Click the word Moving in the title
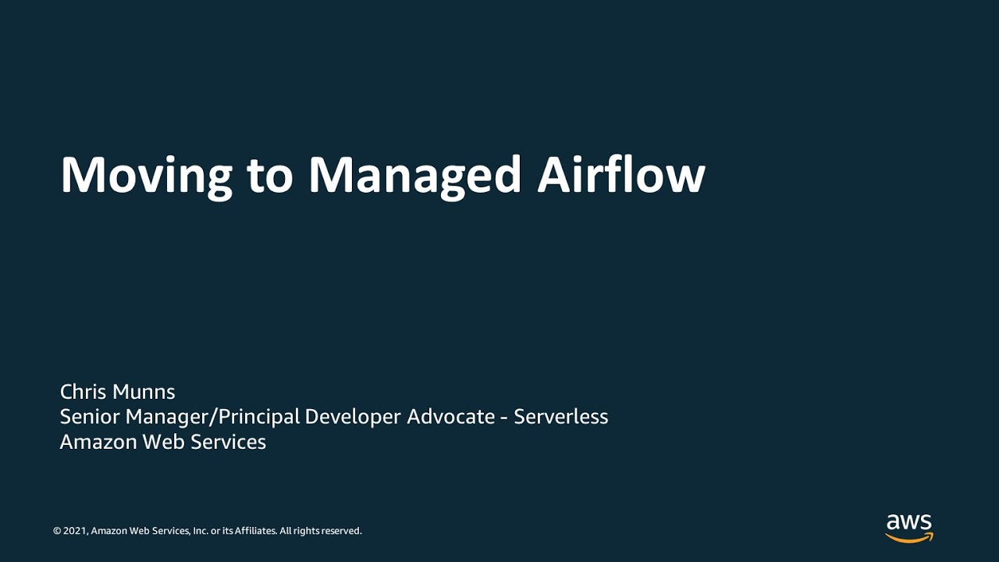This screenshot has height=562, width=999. pyautogui.click(x=146, y=176)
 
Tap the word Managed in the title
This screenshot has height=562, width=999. pyautogui.click(x=414, y=176)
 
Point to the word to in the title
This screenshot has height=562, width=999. pyautogui.click(x=269, y=176)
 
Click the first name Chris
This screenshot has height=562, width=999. pyautogui.click(x=84, y=392)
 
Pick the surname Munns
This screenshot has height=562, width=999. pyautogui.click(x=144, y=392)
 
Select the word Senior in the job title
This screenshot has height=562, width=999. pyautogui.click(x=90, y=417)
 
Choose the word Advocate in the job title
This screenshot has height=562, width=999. pyautogui.click(x=451, y=417)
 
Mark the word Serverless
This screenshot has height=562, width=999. pyautogui.click(x=561, y=417)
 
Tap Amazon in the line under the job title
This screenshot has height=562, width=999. pyautogui.click(x=98, y=442)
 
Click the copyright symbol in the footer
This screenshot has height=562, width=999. pyautogui.click(x=57, y=531)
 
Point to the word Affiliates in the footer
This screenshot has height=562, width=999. pyautogui.click(x=256, y=531)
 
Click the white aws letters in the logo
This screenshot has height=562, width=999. pyautogui.click(x=909, y=521)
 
